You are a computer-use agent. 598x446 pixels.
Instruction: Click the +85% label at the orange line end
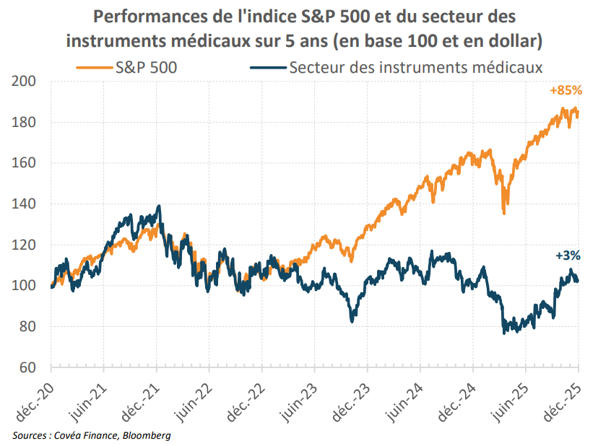565,92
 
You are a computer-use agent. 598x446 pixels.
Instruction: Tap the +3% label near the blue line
568,255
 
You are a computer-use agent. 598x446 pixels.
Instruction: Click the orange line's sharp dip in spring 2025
503,212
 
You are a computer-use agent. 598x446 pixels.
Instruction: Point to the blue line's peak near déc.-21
158,206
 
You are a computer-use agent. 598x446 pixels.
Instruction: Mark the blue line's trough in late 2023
352,320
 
